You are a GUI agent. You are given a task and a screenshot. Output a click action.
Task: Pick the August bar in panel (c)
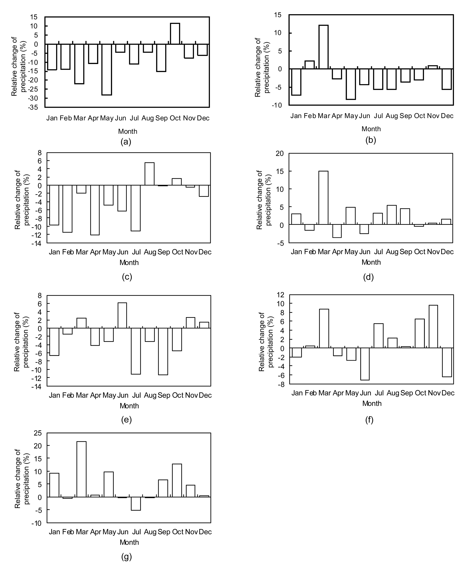tap(150, 174)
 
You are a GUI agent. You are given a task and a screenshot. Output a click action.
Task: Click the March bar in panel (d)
tap(323, 198)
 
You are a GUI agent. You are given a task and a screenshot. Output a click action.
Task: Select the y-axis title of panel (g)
tap(22, 479)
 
